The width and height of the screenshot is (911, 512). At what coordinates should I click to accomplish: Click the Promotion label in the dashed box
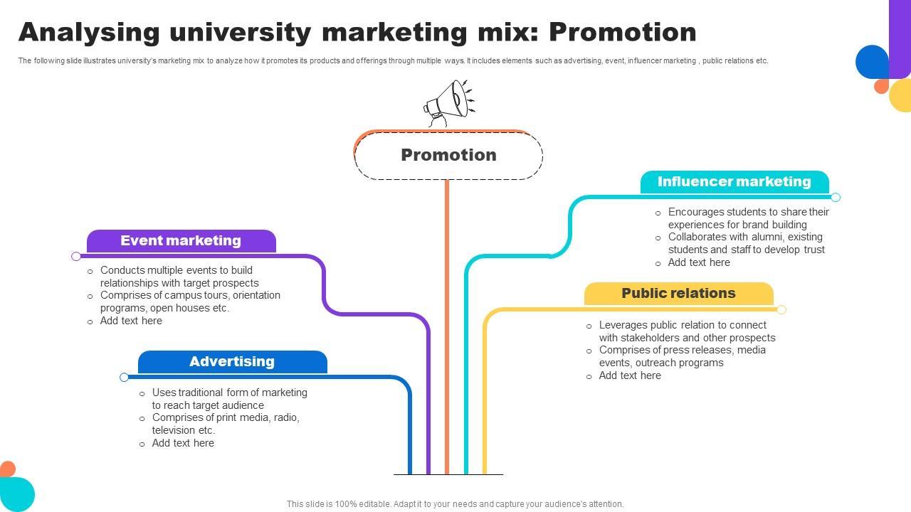point(448,155)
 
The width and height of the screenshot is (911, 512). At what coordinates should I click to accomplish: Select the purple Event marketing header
point(181,241)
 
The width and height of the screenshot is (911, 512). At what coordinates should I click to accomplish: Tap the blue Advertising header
point(232,362)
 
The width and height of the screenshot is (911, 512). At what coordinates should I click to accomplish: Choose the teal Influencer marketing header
point(734,182)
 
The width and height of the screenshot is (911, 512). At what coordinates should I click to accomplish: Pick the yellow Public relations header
point(678,294)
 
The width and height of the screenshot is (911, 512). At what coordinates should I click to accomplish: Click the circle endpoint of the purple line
point(76,256)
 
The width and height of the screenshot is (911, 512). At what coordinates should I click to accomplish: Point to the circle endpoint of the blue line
point(125,377)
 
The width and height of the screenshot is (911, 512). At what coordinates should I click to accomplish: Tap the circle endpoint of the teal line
point(836,197)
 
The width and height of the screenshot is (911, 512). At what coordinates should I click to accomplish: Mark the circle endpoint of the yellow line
point(781,309)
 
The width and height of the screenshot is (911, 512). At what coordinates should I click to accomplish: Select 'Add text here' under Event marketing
point(131,321)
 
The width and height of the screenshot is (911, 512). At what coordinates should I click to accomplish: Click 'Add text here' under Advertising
point(183,443)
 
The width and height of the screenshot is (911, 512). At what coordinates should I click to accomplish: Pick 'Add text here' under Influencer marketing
point(699,262)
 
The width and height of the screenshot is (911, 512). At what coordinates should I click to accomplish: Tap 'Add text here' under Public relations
point(630,375)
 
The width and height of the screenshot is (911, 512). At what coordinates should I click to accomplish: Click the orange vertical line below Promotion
point(447,320)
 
